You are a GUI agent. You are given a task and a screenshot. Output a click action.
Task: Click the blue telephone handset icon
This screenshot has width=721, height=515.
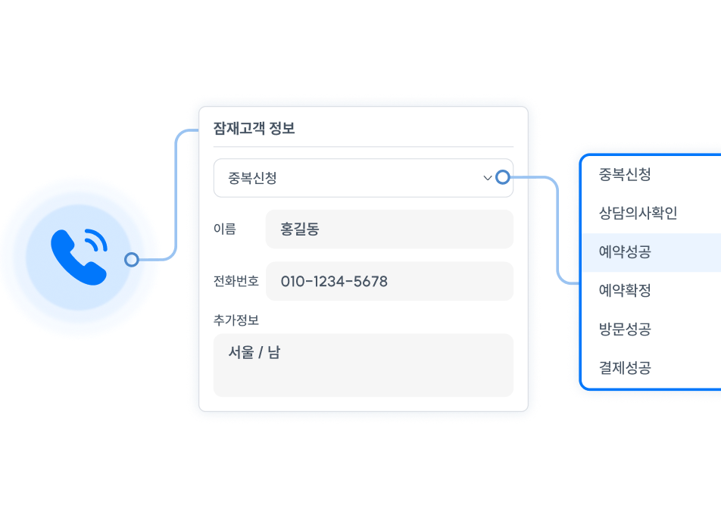76,257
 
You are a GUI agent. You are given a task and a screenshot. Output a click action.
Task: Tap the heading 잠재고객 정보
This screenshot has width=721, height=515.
254,129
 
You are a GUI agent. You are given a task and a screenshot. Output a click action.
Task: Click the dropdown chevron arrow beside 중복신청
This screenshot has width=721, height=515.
488,178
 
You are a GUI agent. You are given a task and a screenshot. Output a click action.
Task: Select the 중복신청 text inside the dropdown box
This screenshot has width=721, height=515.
253,179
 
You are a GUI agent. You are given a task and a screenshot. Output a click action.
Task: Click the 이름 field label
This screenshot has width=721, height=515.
225,229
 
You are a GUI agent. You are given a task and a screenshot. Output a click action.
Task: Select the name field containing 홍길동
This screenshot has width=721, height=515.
389,229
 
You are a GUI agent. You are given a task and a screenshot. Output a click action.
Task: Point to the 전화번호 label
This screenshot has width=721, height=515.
236,281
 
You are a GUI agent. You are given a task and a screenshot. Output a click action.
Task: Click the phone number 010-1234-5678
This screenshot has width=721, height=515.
334,282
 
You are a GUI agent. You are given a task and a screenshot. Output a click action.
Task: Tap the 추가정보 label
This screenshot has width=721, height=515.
236,320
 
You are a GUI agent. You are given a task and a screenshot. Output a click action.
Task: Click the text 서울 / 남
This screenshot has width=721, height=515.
254,353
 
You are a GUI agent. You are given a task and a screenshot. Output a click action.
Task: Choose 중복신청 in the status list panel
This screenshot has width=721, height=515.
625,174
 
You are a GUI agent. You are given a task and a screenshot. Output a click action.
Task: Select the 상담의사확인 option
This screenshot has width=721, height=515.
638,213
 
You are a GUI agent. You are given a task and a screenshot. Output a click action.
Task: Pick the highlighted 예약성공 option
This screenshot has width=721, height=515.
625,252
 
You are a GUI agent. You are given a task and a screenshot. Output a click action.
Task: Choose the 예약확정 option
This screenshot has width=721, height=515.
625,291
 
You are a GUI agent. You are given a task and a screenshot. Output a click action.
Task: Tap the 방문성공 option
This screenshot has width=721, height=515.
625,329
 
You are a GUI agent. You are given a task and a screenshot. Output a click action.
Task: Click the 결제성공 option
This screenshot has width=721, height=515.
625,369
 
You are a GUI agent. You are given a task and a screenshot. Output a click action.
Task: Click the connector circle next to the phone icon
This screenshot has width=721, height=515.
132,260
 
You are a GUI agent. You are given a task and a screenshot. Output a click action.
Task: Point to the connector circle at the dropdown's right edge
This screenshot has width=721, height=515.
502,178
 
